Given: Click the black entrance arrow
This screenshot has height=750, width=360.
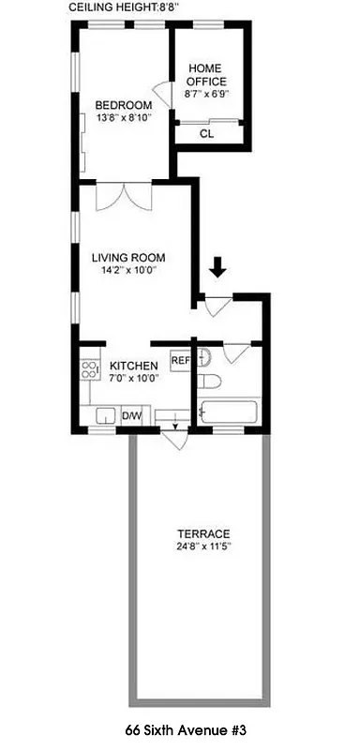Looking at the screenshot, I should [x=217, y=268].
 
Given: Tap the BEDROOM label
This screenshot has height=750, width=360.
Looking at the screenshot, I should [x=123, y=104].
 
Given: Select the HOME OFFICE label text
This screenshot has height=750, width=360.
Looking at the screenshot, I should [x=206, y=75].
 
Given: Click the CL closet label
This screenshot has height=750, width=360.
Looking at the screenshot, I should [x=206, y=134].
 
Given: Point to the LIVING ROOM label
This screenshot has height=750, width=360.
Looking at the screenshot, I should [x=128, y=257].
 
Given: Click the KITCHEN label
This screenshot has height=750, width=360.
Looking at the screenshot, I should [x=130, y=366].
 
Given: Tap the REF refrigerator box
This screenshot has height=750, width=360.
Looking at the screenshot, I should [x=180, y=360].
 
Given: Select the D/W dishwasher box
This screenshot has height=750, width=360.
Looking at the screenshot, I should [x=130, y=416].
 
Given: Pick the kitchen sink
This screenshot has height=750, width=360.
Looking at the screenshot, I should [x=104, y=415].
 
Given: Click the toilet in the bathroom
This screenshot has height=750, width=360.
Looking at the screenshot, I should [x=209, y=382].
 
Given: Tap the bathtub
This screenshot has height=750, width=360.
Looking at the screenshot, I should [x=228, y=413].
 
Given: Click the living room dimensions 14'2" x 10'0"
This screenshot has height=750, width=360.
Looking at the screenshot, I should [x=128, y=271].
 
